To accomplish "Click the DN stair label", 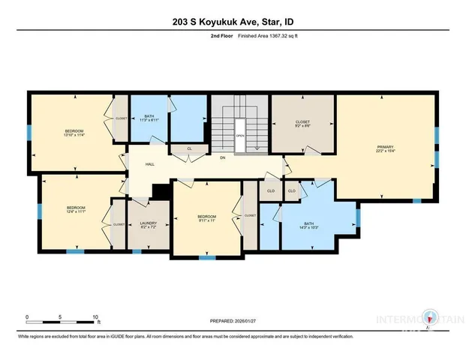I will (222, 157).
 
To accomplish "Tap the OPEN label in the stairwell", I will (239, 136).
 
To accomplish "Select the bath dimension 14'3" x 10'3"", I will (309, 226).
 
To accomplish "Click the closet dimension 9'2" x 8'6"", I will (302, 126).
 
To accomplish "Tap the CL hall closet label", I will (189, 149).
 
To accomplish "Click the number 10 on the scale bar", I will (95, 317).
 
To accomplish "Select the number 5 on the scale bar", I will (61, 317).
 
